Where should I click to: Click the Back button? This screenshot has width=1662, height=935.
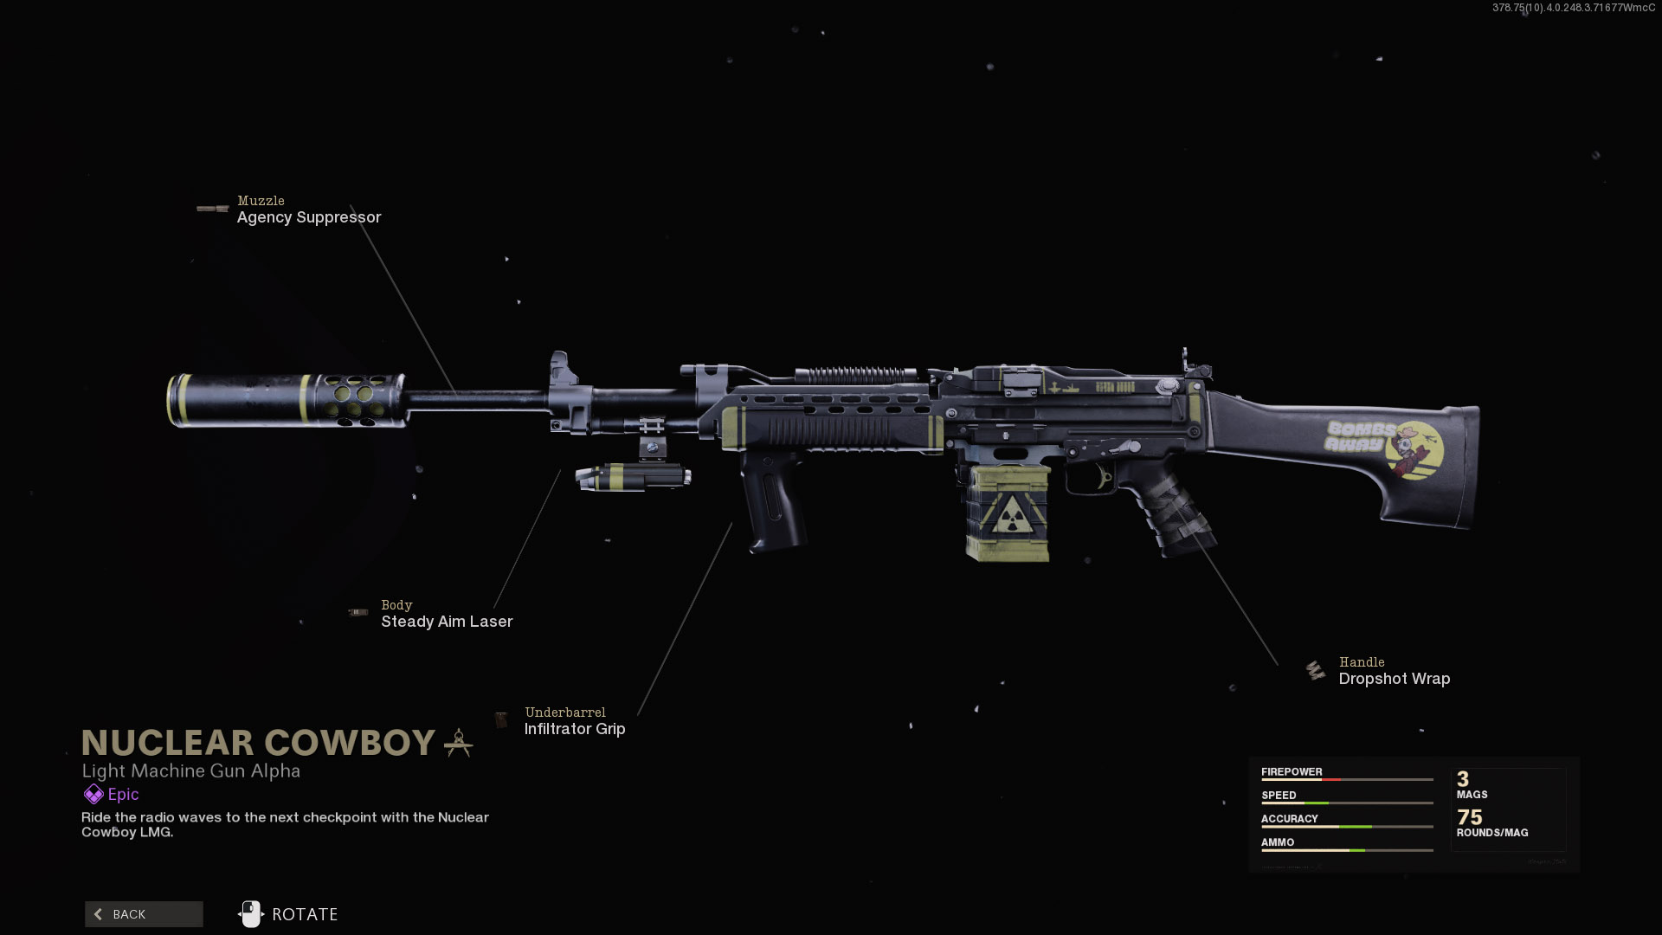[x=144, y=914]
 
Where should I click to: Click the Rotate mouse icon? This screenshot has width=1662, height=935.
[x=250, y=914]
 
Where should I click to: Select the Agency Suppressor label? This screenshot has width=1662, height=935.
[x=309, y=217]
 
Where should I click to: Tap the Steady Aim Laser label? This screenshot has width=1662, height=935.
[x=447, y=622]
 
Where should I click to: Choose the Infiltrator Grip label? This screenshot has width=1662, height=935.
[x=575, y=729]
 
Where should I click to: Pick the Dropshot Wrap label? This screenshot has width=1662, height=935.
[x=1394, y=679]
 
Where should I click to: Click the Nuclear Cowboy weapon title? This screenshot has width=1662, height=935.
[x=258, y=743]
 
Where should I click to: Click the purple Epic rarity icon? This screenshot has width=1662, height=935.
[x=93, y=794]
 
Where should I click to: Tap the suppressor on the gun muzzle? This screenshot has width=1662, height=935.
[x=286, y=400]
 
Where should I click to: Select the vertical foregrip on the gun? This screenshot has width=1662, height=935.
[x=773, y=502]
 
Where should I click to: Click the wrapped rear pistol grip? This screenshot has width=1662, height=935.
[x=1173, y=511]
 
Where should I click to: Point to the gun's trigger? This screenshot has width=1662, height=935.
[x=1104, y=478]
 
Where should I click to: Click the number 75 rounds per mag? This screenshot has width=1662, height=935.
[x=1469, y=817]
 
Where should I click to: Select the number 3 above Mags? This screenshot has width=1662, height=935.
[x=1463, y=779]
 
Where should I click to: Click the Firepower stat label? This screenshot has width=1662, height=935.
[x=1292, y=772]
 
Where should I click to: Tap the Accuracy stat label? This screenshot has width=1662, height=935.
[x=1289, y=819]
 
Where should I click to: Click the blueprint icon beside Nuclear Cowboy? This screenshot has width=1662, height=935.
[x=458, y=743]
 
